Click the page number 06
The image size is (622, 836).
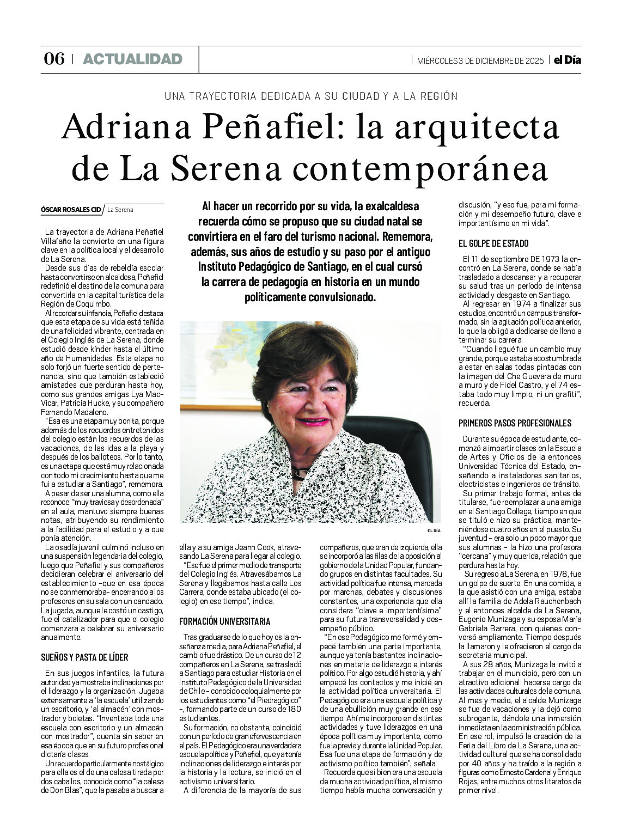[x=54, y=59]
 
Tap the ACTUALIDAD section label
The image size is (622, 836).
[x=132, y=59]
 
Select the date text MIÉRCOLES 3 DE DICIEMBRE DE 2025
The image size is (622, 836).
[x=480, y=60]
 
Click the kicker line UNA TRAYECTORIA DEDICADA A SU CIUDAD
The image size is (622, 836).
[x=310, y=96]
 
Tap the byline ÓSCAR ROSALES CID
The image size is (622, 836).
[x=71, y=209]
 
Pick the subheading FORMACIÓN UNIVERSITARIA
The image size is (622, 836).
[x=224, y=621]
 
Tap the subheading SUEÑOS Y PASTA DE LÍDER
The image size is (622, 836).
[x=84, y=657]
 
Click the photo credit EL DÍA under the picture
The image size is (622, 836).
[x=433, y=530]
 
